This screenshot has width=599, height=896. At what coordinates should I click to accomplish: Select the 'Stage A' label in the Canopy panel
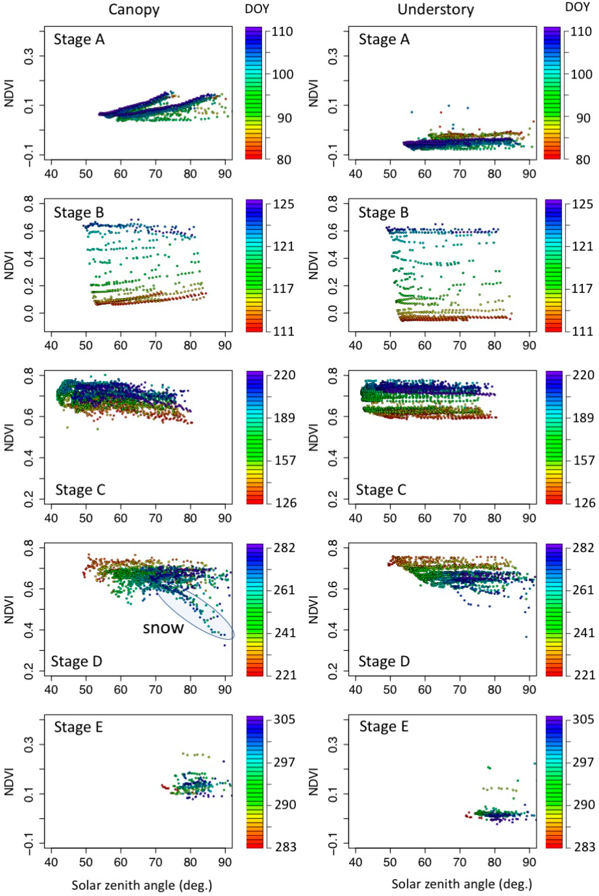[x=79, y=39]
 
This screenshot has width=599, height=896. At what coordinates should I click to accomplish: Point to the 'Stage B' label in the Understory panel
[x=384, y=212]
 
